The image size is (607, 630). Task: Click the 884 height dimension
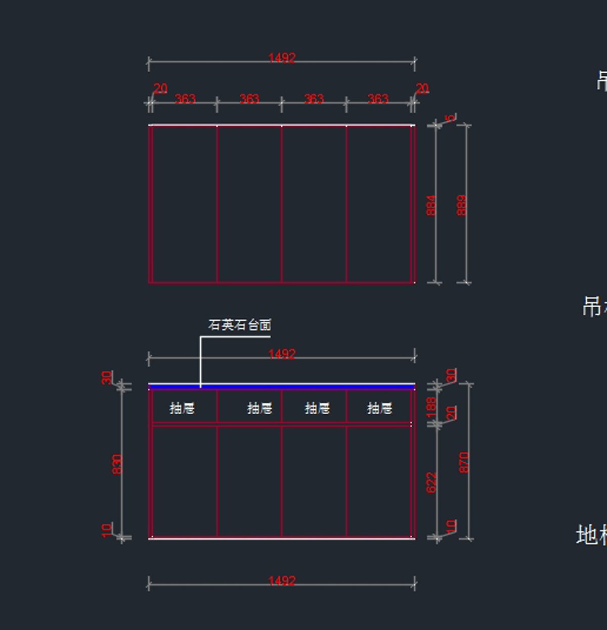click(431, 205)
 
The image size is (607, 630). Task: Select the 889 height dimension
click(461, 205)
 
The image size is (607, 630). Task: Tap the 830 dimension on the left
click(117, 464)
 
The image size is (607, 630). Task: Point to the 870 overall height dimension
click(464, 462)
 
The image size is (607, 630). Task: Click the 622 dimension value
click(431, 482)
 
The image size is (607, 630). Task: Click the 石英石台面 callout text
click(240, 325)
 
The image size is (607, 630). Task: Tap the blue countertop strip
click(303, 387)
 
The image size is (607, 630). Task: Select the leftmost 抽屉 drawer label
click(182, 408)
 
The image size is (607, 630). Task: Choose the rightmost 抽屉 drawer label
click(380, 408)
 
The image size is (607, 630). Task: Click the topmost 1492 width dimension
click(282, 58)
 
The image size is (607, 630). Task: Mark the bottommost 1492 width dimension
click(282, 581)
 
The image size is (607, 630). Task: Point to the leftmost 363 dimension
click(185, 99)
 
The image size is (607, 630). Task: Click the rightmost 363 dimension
click(378, 99)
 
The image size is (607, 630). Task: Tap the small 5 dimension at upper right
click(450, 119)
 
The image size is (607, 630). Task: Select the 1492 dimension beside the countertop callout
click(282, 354)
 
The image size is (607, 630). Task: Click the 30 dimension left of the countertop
click(107, 377)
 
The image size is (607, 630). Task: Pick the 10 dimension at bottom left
click(107, 529)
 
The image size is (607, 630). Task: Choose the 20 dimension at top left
click(160, 89)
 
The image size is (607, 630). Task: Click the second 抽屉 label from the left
click(259, 408)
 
